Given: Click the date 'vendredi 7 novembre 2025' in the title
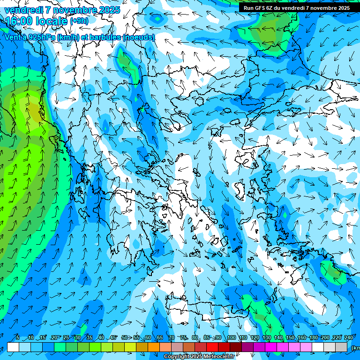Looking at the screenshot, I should click(62, 10).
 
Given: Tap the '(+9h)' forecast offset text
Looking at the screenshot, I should click(79, 21).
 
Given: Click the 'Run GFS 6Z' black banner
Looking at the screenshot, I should click(296, 7).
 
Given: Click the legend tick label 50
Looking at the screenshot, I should click(124, 338).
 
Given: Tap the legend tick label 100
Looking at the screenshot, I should click(231, 338).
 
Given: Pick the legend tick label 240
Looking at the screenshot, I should click(348, 338).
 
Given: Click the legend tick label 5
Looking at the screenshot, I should click(18, 338).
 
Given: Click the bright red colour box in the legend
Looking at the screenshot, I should click(212, 347).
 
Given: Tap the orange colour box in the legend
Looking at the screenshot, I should click(154, 347).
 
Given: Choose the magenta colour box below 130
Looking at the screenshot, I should click(271, 347).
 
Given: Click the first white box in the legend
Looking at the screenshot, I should click(13, 347).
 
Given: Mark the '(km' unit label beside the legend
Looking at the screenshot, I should click(355, 347).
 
